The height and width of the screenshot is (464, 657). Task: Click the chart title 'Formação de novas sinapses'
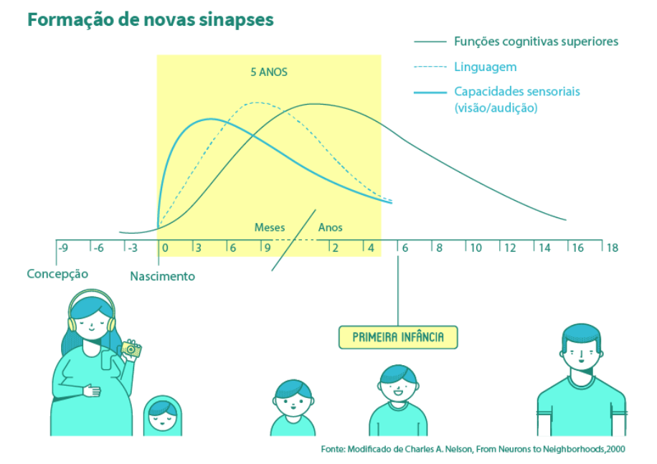[x=150, y=19]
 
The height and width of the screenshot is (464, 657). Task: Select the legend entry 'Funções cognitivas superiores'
[x=536, y=42]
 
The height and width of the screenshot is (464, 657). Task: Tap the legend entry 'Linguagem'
[x=485, y=67]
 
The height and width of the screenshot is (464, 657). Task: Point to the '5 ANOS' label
[x=268, y=72]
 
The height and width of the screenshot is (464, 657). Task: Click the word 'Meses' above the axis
[x=270, y=227]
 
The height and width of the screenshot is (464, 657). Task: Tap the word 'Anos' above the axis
[x=331, y=227]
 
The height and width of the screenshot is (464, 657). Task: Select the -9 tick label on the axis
[x=63, y=248]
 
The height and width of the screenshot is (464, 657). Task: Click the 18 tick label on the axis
[x=612, y=248]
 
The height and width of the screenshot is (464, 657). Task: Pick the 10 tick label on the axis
[x=476, y=248]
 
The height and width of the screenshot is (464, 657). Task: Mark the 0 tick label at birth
[x=166, y=248]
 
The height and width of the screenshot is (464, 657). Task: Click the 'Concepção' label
[x=57, y=274]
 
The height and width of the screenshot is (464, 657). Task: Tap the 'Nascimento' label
[x=162, y=276]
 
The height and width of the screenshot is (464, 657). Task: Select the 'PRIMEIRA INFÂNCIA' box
[x=398, y=337]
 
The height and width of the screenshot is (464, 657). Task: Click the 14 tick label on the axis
[x=544, y=248]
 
